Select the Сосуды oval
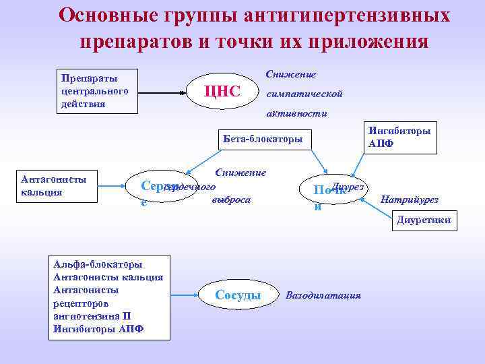[x=238, y=295]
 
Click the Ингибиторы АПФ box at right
[x=400, y=137]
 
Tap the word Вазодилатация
[x=324, y=295]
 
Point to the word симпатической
[x=304, y=94]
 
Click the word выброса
[x=231, y=200]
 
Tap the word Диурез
[x=349, y=185]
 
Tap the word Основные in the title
[x=100, y=15]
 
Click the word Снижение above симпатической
[x=291, y=73]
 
